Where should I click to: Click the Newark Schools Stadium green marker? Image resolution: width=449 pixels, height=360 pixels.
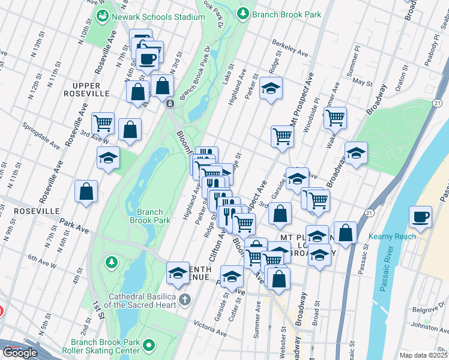(100, 17)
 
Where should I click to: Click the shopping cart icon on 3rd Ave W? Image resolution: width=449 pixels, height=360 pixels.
(103, 122)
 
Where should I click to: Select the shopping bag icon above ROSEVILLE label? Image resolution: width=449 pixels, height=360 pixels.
(86, 192)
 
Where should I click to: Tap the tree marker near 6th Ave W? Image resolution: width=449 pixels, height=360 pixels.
(110, 262)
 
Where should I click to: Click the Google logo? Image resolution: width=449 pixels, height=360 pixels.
(20, 353)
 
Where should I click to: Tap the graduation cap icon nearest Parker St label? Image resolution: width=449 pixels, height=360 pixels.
(271, 89)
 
